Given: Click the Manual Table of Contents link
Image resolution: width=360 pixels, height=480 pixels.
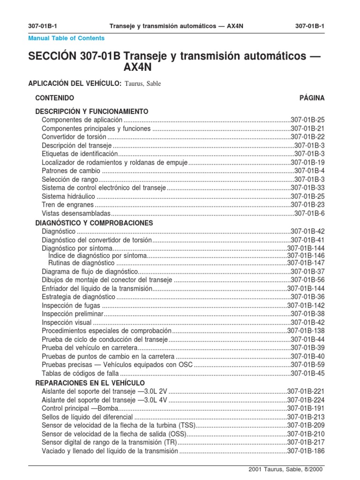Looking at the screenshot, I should pyautogui.click(x=67, y=38).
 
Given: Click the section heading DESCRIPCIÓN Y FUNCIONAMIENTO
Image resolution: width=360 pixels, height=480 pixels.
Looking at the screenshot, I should pyautogui.click(x=92, y=112).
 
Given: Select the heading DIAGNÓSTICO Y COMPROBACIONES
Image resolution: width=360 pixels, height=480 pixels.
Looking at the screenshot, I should pyautogui.click(x=94, y=223).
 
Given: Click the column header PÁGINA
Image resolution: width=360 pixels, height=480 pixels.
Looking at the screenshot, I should pyautogui.click(x=312, y=98).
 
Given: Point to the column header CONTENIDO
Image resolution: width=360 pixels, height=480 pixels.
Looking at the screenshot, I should pyautogui.click(x=55, y=98).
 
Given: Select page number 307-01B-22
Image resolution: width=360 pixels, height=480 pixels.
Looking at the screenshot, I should pyautogui.click(x=307, y=137).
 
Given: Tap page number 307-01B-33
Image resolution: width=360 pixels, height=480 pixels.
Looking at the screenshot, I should pyautogui.click(x=307, y=188).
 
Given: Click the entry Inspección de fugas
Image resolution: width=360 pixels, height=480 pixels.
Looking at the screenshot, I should pyautogui.click(x=71, y=306).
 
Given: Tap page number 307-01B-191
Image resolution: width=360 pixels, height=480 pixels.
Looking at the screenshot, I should pyautogui.click(x=306, y=408).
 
